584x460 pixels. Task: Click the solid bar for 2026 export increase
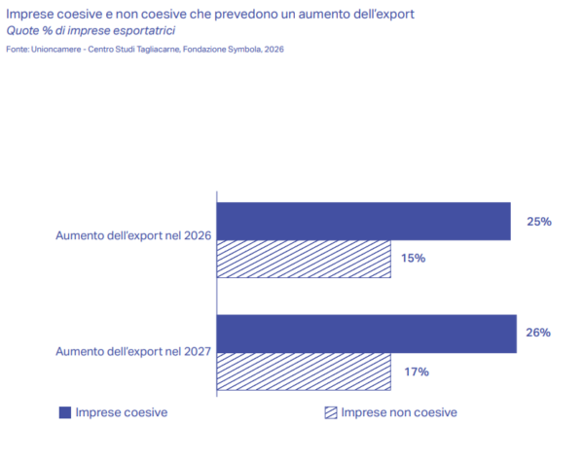point(363,222)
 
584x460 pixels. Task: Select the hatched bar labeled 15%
point(304,259)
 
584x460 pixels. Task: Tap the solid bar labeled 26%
point(367,334)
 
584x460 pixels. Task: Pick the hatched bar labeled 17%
point(304,372)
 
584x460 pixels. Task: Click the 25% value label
point(539,222)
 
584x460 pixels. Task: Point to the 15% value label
point(413,258)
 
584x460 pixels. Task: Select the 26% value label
point(538,333)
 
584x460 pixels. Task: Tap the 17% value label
point(417,372)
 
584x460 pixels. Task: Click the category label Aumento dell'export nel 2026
point(133,235)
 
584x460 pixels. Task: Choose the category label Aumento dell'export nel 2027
point(133,351)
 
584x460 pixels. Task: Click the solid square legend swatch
point(65,412)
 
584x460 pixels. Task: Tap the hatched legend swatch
point(331,412)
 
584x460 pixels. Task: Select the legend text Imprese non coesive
point(399,412)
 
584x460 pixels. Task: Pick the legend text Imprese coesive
point(122,412)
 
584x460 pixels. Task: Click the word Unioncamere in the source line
point(55,50)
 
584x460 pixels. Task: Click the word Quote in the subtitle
point(22,30)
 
